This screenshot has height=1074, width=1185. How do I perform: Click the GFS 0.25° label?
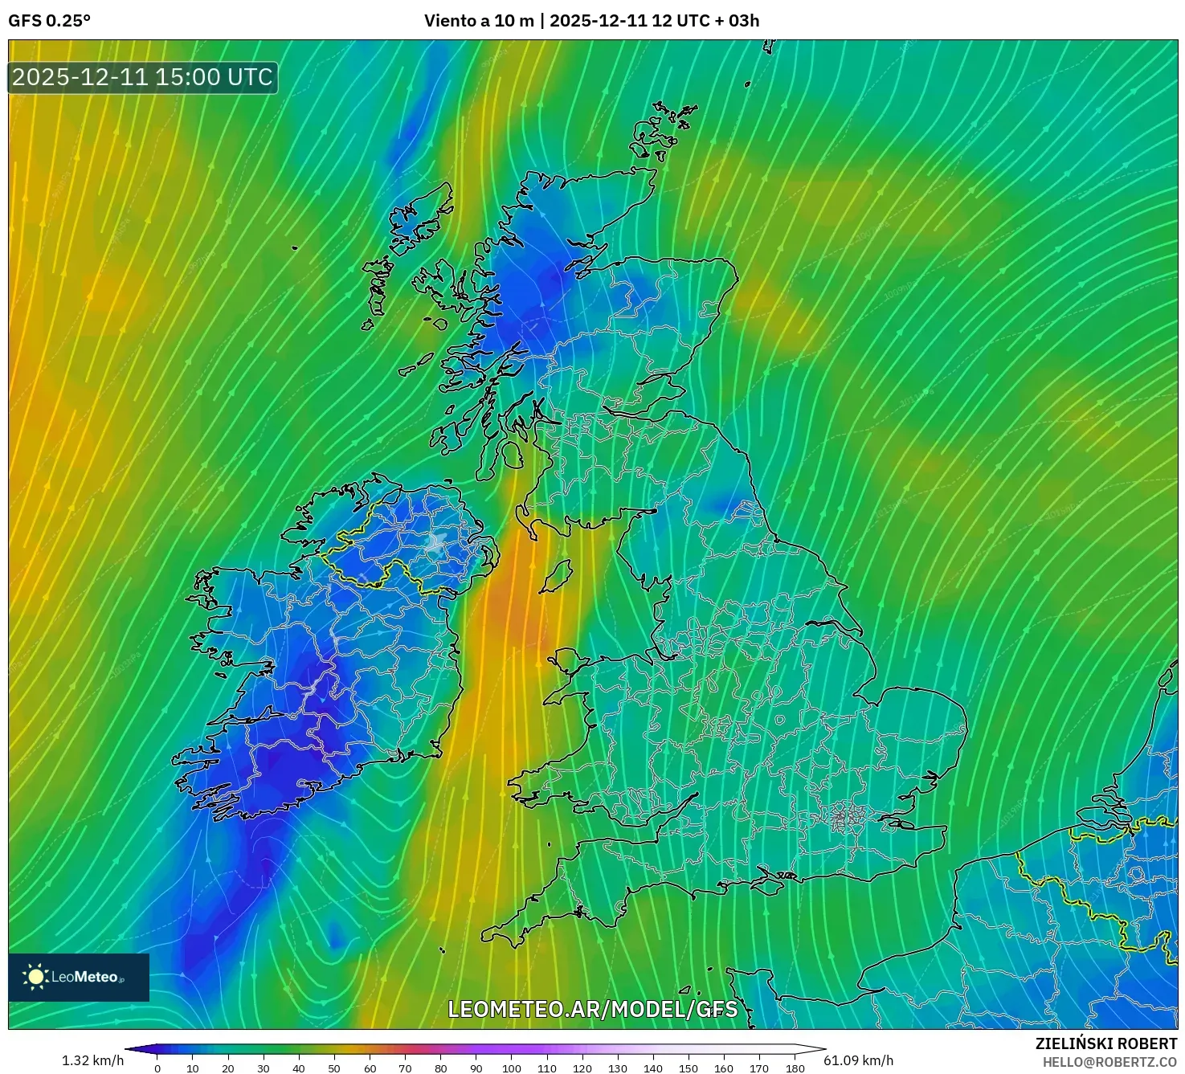(49, 21)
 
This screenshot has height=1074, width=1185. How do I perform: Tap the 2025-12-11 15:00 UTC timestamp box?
(143, 77)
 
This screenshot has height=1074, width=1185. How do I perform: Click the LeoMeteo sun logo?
(35, 977)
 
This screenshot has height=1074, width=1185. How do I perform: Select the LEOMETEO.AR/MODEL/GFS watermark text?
(592, 1009)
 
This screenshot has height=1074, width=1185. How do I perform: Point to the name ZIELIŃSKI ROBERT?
(1105, 1043)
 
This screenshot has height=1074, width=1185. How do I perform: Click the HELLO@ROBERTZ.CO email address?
(1109, 1062)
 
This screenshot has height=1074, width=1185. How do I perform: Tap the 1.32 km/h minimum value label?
(92, 1060)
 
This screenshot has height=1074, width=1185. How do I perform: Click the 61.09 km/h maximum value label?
(858, 1060)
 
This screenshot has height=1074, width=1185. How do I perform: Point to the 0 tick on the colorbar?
(157, 1068)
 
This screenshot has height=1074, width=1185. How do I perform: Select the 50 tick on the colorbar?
(334, 1068)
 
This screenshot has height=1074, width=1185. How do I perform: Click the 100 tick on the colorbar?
(512, 1068)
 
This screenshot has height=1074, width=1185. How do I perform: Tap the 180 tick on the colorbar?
(795, 1068)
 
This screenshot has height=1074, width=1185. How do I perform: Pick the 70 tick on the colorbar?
(405, 1068)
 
